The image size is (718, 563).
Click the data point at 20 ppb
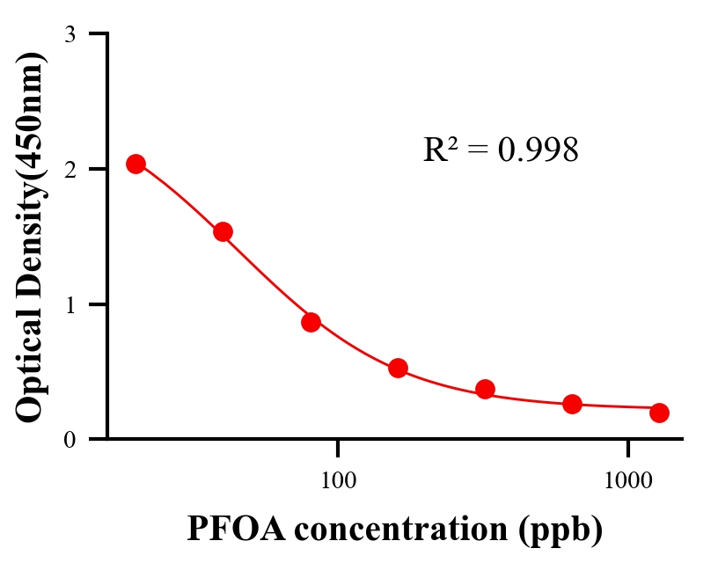pyautogui.click(x=136, y=164)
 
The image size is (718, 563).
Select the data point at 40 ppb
pyautogui.click(x=223, y=231)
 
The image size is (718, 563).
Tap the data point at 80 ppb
pyautogui.click(x=311, y=322)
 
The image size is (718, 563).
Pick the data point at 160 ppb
pyautogui.click(x=398, y=368)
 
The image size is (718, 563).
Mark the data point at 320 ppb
pyautogui.click(x=485, y=389)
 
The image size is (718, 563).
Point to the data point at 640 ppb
pyautogui.click(x=572, y=404)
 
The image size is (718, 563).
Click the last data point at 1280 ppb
pyautogui.click(x=659, y=413)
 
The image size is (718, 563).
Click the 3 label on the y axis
pyautogui.click(x=70, y=35)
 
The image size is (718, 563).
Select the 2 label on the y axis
pyautogui.click(x=70, y=170)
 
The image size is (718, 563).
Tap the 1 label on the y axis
pyautogui.click(x=70, y=305)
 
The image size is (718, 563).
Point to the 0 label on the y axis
pyautogui.click(x=70, y=440)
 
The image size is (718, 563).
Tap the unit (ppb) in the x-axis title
pyautogui.click(x=560, y=530)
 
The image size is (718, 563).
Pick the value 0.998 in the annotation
pyautogui.click(x=538, y=150)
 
